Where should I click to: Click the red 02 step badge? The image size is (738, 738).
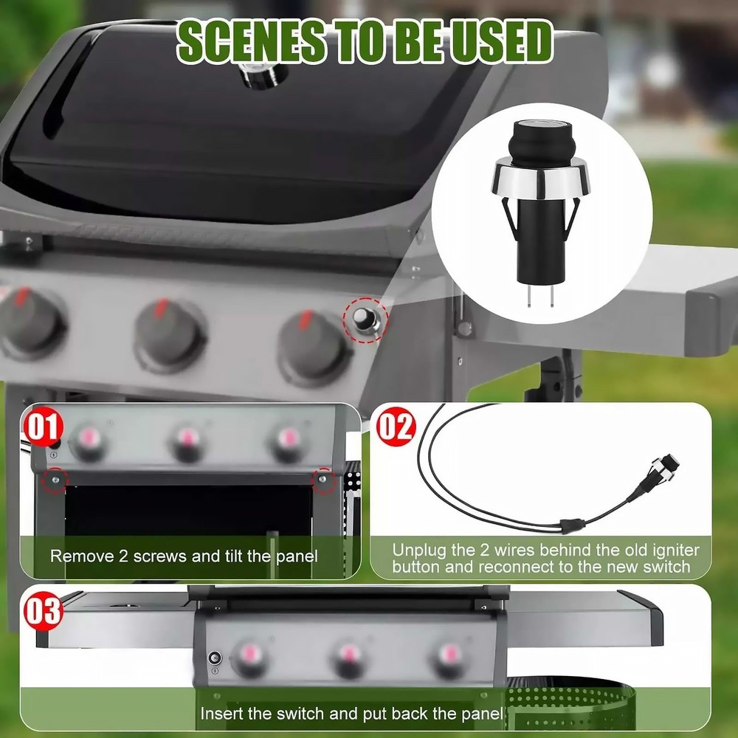coord(396,427)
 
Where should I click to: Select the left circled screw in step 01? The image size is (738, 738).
coord(55,480)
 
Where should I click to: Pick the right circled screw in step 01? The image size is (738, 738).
coord(323,480)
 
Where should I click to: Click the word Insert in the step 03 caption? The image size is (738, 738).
coord(221,714)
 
